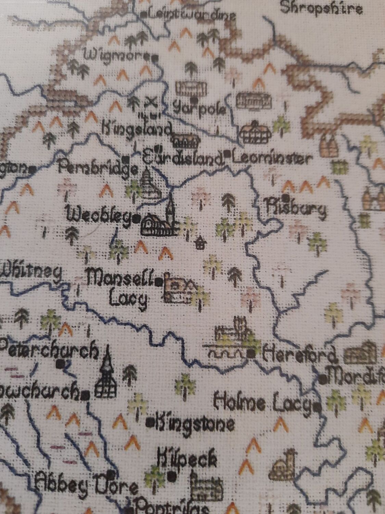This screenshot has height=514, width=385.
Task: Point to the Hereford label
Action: point(299,356)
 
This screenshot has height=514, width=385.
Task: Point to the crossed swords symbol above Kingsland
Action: point(151,101)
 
